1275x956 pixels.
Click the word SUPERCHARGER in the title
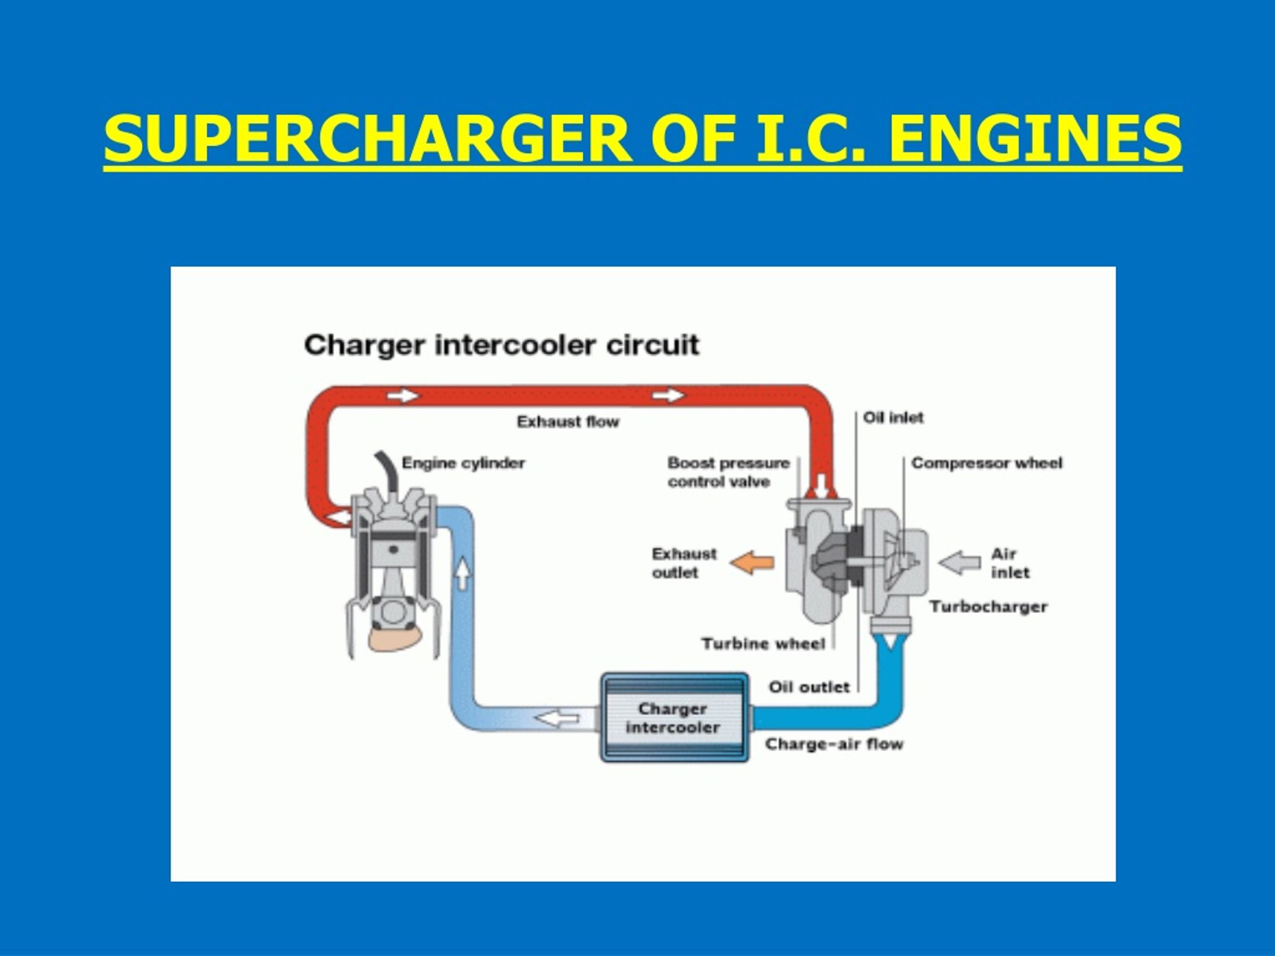pyautogui.click(x=368, y=138)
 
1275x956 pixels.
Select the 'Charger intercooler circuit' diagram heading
pyautogui.click(x=502, y=345)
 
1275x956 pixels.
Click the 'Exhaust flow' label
pyautogui.click(x=568, y=422)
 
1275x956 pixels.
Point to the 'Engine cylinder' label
pyautogui.click(x=463, y=463)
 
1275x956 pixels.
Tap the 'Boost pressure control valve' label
pyautogui.click(x=729, y=472)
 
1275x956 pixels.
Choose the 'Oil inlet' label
pyautogui.click(x=893, y=417)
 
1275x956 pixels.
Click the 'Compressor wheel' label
pyautogui.click(x=987, y=463)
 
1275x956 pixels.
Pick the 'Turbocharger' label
pyautogui.click(x=989, y=606)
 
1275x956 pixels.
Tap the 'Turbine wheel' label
pyautogui.click(x=763, y=643)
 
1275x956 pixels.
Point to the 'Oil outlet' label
pyautogui.click(x=809, y=687)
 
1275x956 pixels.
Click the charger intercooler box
pyautogui.click(x=674, y=717)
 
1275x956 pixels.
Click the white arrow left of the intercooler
pyautogui.click(x=557, y=718)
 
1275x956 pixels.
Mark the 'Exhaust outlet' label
pyautogui.click(x=684, y=563)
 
